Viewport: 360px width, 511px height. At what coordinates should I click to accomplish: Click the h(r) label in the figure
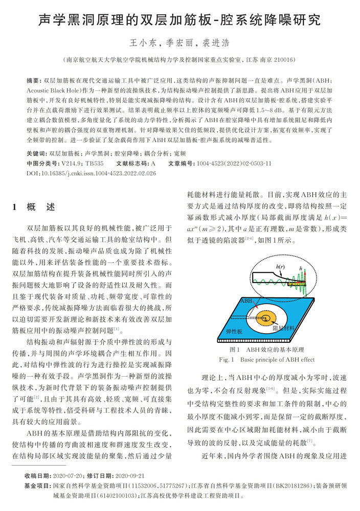coord(280,267)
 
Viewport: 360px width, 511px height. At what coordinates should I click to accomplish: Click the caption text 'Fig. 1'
coord(227,360)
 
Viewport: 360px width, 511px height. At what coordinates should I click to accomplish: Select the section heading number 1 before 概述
coord(15,207)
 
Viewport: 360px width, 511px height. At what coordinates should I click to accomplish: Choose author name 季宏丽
coord(179,43)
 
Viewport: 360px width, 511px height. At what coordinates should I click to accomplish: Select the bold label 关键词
coord(36,153)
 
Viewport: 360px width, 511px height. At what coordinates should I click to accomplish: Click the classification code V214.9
coord(71,164)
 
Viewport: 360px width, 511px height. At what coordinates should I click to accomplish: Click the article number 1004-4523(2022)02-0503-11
coord(235,164)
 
